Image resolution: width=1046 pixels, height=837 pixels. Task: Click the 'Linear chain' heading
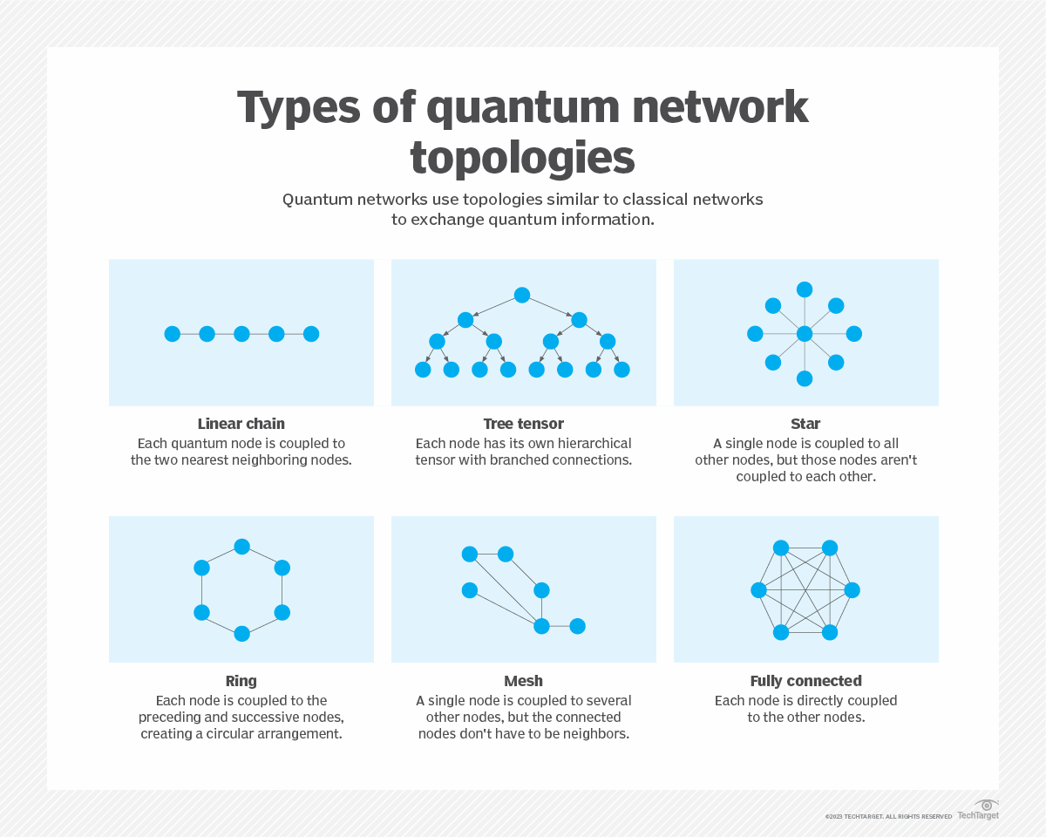click(x=241, y=424)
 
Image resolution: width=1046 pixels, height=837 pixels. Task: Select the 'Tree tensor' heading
click(x=523, y=424)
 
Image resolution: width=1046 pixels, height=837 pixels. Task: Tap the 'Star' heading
click(x=805, y=424)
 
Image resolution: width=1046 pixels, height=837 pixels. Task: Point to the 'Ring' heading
click(x=241, y=681)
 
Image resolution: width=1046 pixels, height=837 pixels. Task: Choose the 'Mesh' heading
click(x=523, y=681)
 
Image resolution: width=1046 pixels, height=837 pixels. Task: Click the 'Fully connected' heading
click(x=805, y=681)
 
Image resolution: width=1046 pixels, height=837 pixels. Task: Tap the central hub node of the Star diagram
click(x=805, y=334)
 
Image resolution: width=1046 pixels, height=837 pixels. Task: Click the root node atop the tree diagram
click(x=522, y=295)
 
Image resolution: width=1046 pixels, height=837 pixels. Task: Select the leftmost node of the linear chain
click(x=173, y=334)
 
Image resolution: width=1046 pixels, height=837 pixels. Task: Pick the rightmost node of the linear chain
click(x=311, y=334)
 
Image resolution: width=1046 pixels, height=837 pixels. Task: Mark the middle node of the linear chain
click(x=241, y=334)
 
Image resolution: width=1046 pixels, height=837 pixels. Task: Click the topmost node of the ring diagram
click(x=241, y=547)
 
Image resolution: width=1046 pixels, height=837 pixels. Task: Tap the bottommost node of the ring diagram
click(x=241, y=634)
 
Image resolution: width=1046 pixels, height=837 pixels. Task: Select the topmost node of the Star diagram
click(x=805, y=289)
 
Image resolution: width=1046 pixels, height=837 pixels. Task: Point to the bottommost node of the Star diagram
click(x=805, y=378)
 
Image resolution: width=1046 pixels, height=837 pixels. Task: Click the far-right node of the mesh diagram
click(x=577, y=626)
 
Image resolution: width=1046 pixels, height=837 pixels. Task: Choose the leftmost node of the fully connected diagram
click(x=758, y=590)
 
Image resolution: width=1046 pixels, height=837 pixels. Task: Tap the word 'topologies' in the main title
click(x=522, y=158)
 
